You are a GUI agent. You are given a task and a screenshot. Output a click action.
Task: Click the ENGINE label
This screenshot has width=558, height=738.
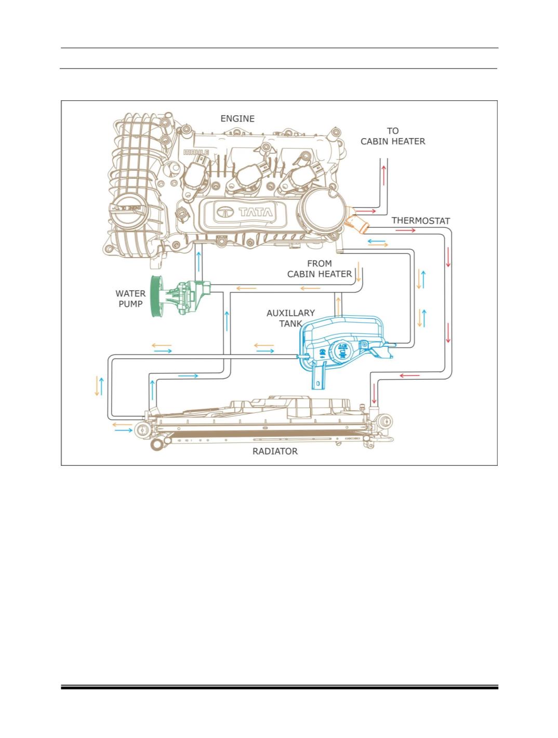pos(237,118)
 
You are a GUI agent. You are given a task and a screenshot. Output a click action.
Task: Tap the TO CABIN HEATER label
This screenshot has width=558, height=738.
pos(393,136)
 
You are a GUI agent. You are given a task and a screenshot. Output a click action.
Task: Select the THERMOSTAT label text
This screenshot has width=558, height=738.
pos(420,221)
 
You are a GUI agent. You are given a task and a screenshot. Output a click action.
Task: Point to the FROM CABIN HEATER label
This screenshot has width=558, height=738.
pos(320,269)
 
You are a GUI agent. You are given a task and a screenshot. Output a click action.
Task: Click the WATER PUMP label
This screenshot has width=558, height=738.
pos(130,299)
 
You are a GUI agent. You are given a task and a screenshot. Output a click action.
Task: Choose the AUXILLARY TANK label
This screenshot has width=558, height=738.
pos(290,318)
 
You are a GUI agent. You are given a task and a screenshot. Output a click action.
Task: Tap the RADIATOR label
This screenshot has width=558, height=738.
pos(275,451)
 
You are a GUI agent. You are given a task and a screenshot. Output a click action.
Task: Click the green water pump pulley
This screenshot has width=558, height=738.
pos(155,297)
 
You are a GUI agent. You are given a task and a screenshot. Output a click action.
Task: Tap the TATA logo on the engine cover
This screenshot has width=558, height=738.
pos(246,211)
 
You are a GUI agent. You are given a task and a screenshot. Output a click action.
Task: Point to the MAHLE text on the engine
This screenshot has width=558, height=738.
pos(196,152)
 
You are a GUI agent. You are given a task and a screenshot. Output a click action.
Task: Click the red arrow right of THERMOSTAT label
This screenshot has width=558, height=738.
pos(405,230)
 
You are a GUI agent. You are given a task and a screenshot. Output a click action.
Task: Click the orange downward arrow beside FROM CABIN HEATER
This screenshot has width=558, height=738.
pos(358,274)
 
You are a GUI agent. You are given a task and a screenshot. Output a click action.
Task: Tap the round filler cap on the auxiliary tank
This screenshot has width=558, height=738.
pos(342,350)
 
